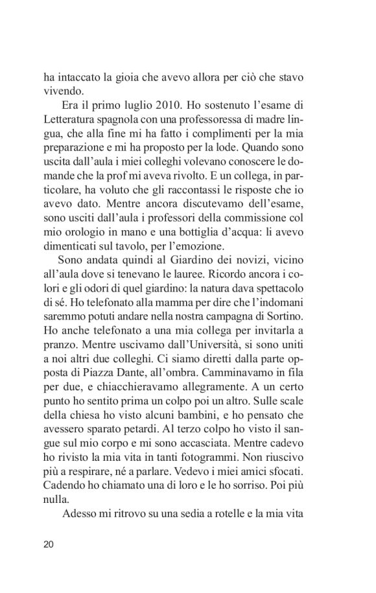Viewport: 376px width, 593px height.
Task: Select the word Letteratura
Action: pyautogui.click(x=69, y=120)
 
